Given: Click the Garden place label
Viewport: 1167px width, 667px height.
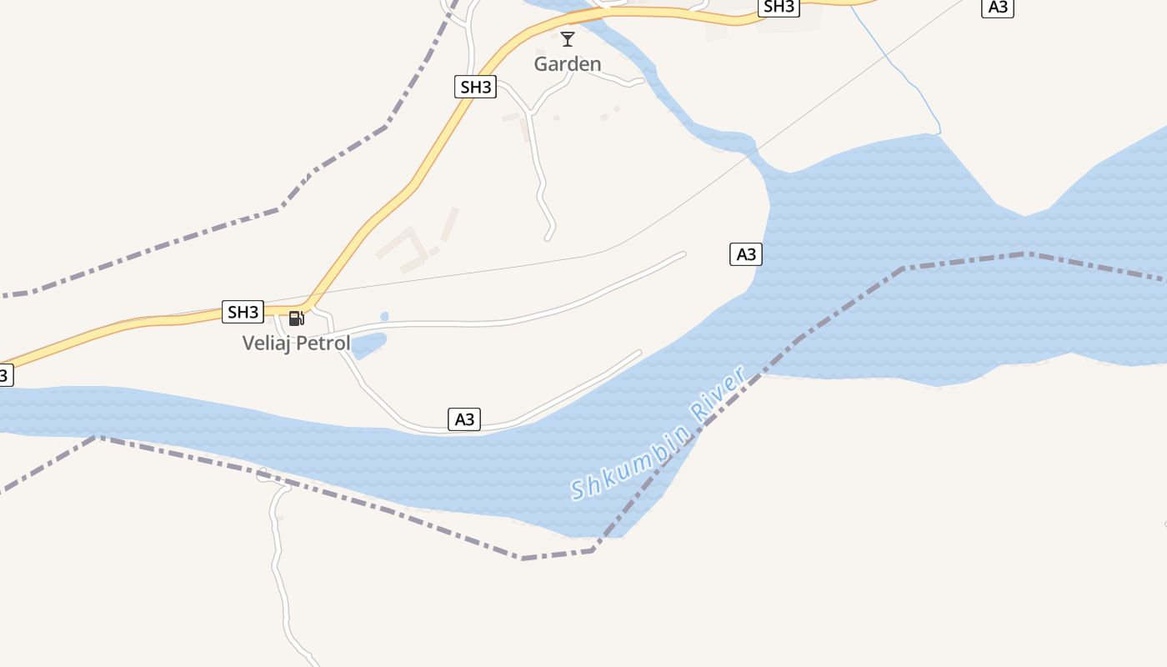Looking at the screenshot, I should coord(567,64).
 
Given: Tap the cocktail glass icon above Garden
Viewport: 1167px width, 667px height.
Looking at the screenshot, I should coord(568,38).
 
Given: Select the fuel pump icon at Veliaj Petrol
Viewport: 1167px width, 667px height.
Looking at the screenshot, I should coord(296,318).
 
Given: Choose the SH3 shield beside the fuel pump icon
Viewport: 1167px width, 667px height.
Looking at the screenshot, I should coord(243,312).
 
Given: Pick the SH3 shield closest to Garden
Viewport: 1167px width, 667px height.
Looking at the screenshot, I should coord(475,87).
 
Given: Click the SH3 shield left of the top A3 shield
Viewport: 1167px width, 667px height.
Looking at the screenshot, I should coord(779,7).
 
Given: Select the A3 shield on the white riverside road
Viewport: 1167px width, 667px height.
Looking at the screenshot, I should coord(464,419).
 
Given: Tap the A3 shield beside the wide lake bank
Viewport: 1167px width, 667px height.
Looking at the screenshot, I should coord(746,254).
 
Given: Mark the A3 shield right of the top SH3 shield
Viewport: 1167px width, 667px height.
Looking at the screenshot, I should coord(997,8).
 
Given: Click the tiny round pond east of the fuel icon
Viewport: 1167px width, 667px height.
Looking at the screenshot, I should coord(384,317).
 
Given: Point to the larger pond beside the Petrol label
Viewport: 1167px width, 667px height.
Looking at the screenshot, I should coord(369,344).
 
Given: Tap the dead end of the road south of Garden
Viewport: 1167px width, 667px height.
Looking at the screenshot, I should coord(548,238).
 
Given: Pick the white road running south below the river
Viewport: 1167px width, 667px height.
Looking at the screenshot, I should coord(281,567).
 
